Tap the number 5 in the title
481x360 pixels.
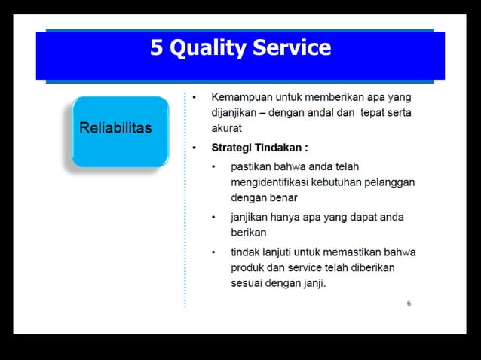pyautogui.click(x=157, y=48)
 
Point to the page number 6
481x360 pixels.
pyautogui.click(x=409, y=304)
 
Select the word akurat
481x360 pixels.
pyautogui.click(x=226, y=129)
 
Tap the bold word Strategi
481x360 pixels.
pyautogui.click(x=233, y=148)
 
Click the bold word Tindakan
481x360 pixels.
pyautogui.click(x=280, y=148)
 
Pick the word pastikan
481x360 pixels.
pyautogui.click(x=253, y=166)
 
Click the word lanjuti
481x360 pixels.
pyautogui.click(x=282, y=252)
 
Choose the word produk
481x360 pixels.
pyautogui.click(x=248, y=267)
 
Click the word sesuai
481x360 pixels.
pyautogui.click(x=247, y=284)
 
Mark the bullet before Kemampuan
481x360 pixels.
pyautogui.click(x=195, y=98)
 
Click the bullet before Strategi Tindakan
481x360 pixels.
pyautogui.click(x=195, y=148)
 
